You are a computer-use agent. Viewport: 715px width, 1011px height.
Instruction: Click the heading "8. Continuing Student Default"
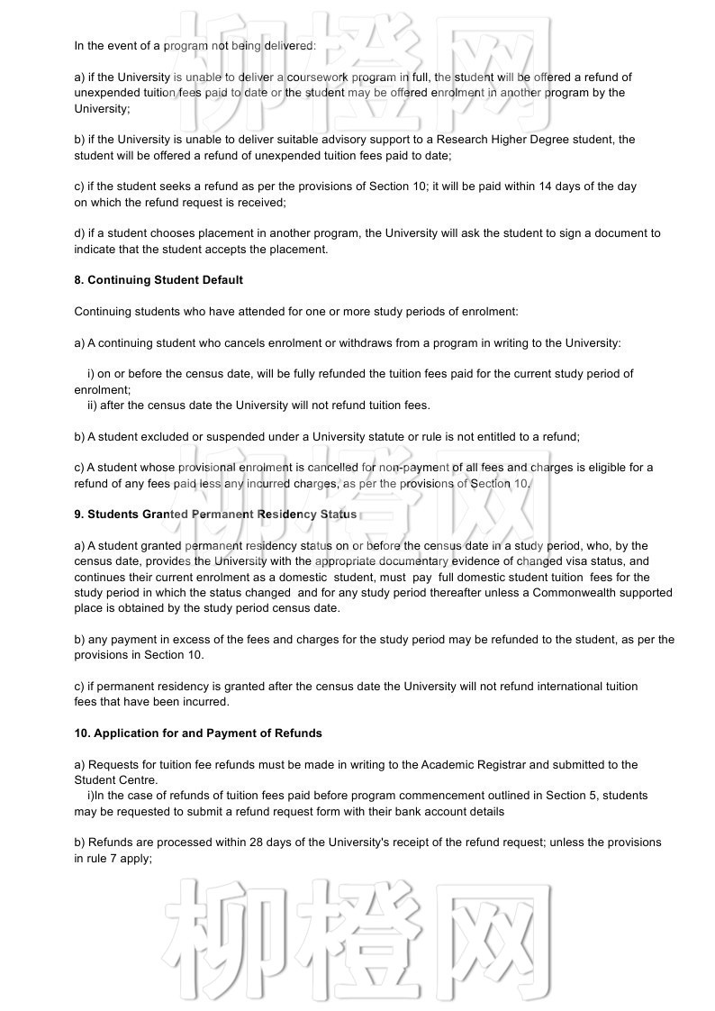point(158,280)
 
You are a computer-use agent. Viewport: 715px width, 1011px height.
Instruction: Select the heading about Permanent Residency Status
point(215,515)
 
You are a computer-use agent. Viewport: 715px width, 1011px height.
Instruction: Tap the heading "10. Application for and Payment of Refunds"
point(198,733)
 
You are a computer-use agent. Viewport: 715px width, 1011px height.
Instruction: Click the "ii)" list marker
point(93,405)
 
